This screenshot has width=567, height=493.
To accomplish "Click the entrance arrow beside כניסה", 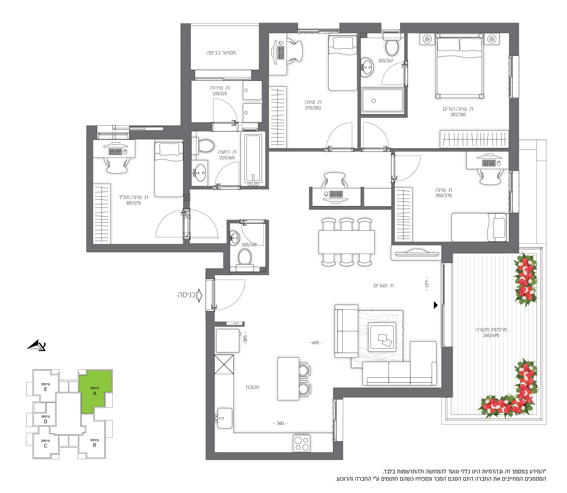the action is tap(200, 295).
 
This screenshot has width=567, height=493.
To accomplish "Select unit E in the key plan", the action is tap(46, 386).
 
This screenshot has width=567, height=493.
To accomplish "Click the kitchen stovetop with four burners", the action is tap(301, 443).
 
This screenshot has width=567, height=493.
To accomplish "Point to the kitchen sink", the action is tap(225, 418).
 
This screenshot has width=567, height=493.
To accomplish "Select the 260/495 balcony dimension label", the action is tap(491, 335).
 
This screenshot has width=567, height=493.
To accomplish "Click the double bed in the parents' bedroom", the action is tap(459, 66).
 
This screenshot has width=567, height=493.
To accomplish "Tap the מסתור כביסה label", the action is tap(221, 52).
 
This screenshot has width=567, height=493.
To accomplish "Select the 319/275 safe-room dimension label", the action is tap(133, 203).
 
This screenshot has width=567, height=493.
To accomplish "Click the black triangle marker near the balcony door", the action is tap(435, 305).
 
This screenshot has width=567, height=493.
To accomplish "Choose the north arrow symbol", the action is tap(37, 345).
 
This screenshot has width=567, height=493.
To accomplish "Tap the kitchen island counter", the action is tap(288, 378).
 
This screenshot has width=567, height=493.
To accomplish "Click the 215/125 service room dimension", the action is tap(219, 94).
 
